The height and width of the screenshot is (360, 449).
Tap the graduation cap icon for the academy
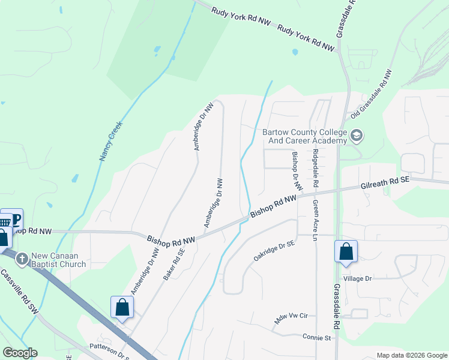tap(357, 136)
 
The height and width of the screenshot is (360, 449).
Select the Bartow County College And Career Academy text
tap(305, 136)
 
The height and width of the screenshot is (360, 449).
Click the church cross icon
tap(22, 259)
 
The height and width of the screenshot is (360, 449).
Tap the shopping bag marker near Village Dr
tap(346, 251)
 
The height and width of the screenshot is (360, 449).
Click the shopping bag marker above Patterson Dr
tap(122, 308)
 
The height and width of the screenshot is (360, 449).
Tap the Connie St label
tap(317, 338)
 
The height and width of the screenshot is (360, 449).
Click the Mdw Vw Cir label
tap(291, 318)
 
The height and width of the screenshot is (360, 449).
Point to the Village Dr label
tap(358, 279)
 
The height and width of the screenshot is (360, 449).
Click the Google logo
tap(20, 353)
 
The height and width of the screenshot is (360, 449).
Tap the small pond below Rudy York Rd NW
tap(295, 52)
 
